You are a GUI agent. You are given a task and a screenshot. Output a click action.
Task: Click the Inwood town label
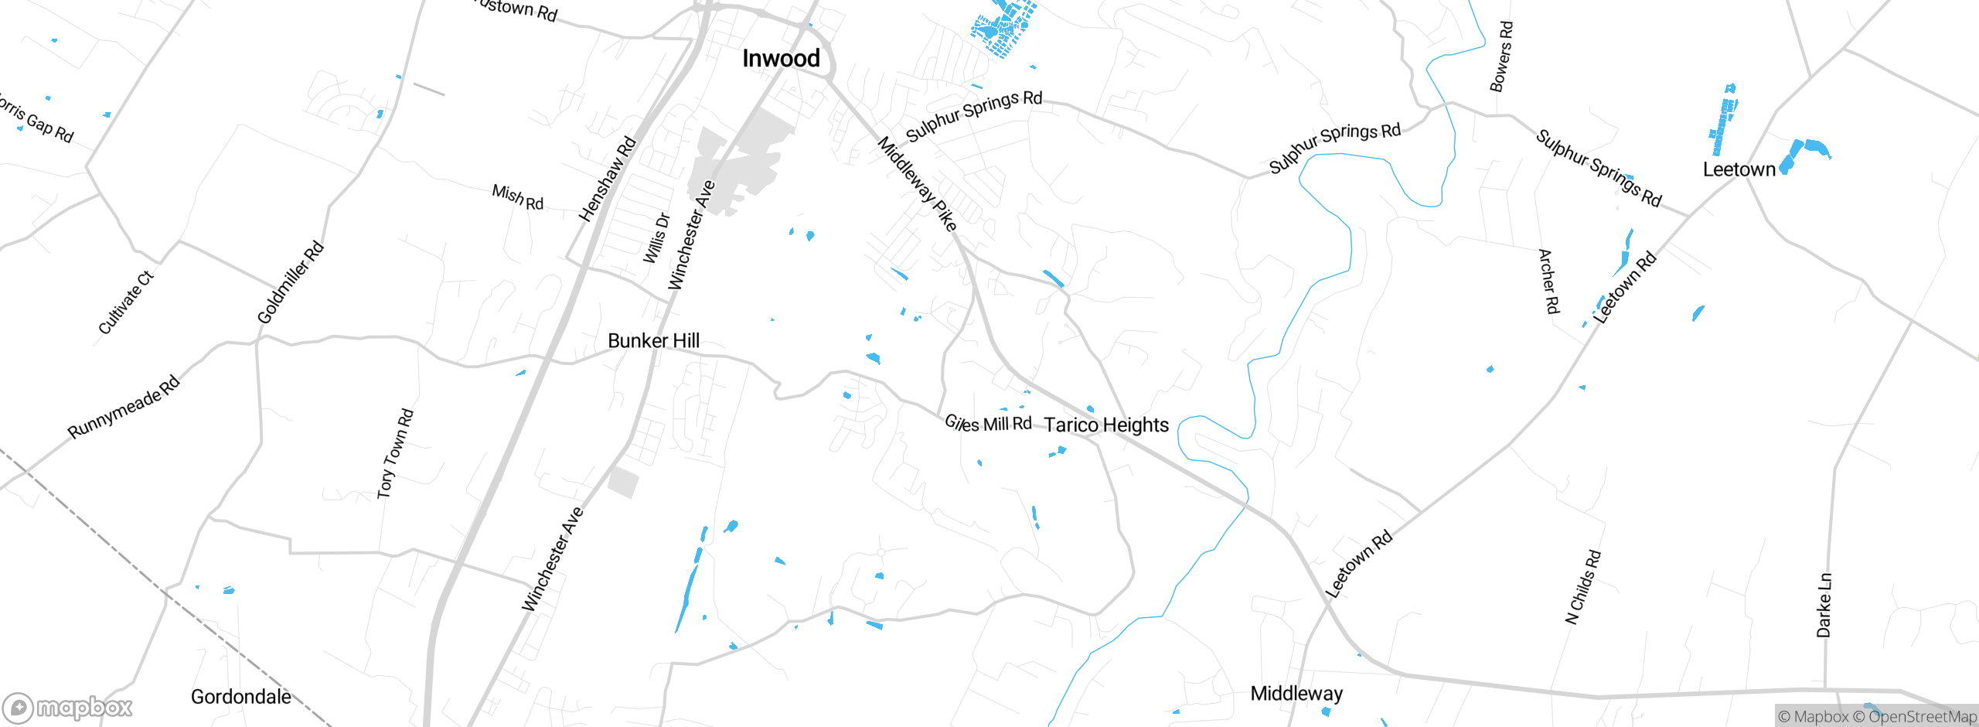(781, 59)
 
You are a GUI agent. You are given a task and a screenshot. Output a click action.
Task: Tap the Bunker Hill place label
(653, 341)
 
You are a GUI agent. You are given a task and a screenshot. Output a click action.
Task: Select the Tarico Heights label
(1106, 425)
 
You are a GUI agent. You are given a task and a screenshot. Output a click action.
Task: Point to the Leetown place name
(1739, 169)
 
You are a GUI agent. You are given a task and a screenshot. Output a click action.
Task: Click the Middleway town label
(1296, 694)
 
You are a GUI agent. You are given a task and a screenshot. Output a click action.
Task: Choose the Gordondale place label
(241, 697)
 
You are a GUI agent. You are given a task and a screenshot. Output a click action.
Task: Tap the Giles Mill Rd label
(988, 423)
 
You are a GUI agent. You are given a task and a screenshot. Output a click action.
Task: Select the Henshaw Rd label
(608, 179)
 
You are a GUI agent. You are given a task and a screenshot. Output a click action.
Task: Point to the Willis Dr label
(656, 238)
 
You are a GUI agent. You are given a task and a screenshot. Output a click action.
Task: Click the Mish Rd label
(518, 198)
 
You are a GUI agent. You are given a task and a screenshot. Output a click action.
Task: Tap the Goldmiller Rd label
(290, 282)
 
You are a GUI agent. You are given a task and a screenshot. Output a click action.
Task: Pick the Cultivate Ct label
(126, 302)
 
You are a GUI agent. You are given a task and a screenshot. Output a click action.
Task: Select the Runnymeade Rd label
(124, 407)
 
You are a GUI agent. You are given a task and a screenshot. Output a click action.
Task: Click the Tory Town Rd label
(395, 453)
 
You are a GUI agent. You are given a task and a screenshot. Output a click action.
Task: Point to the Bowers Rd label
(1501, 56)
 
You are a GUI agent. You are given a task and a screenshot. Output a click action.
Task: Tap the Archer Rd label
(1548, 281)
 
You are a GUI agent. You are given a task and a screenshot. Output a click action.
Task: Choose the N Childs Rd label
(1582, 587)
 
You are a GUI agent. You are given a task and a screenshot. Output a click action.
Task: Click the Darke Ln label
(1824, 605)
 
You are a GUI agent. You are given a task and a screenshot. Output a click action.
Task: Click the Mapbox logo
(68, 708)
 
